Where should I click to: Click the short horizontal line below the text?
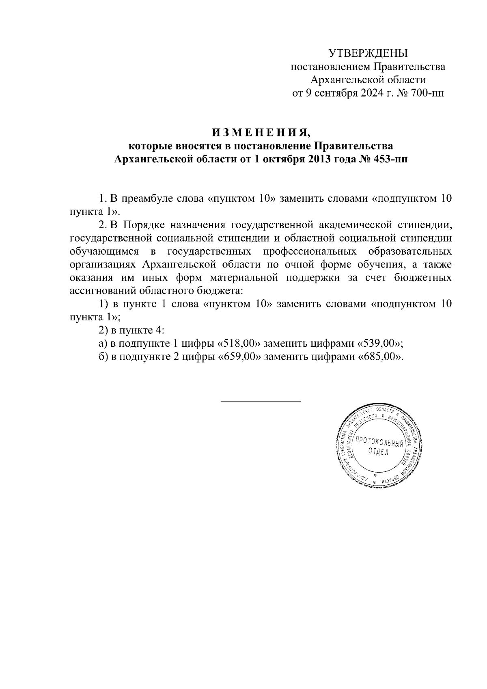point(261,402)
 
